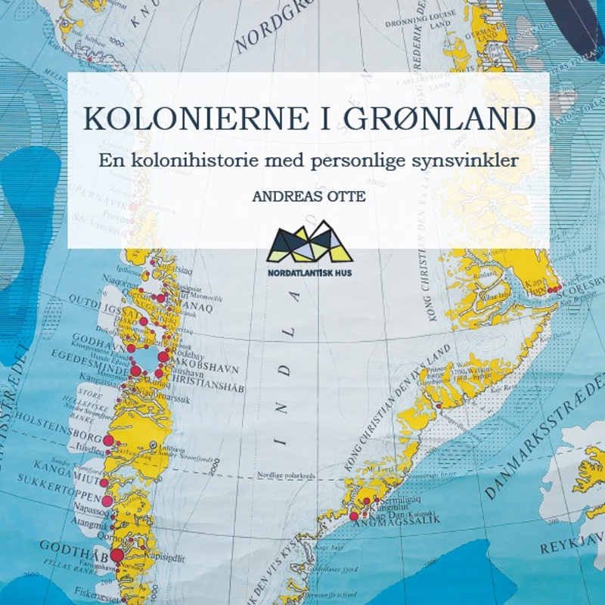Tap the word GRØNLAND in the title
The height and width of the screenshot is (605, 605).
[x=439, y=120]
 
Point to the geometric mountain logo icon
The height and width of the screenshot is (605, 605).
[x=308, y=241]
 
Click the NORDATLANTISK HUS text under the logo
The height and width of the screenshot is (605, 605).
[x=309, y=270]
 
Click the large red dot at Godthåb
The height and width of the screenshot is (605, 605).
[x=116, y=556]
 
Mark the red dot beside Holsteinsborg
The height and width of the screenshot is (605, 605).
[x=108, y=440]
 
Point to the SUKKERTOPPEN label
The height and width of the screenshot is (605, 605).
[x=57, y=498]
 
